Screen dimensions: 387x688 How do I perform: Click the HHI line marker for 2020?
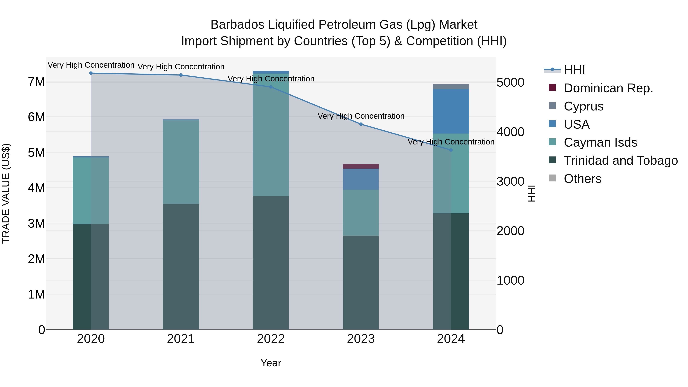point(91,73)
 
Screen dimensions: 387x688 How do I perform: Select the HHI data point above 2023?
point(361,124)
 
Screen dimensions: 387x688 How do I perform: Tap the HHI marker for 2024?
point(451,150)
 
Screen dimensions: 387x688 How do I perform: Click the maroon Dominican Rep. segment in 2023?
point(361,166)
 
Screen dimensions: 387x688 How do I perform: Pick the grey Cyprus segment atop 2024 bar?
point(451,87)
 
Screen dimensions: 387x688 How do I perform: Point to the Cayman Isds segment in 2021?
point(181,162)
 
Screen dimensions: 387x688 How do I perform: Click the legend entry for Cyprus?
point(584,106)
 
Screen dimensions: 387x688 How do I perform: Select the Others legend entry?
point(583,179)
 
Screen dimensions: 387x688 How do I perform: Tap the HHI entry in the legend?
point(574,70)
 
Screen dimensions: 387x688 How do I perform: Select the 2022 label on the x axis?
point(271,339)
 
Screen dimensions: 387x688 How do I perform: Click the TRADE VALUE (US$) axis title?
point(6,193)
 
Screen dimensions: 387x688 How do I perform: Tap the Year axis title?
point(271,363)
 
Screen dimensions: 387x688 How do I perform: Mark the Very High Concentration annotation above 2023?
point(361,116)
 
